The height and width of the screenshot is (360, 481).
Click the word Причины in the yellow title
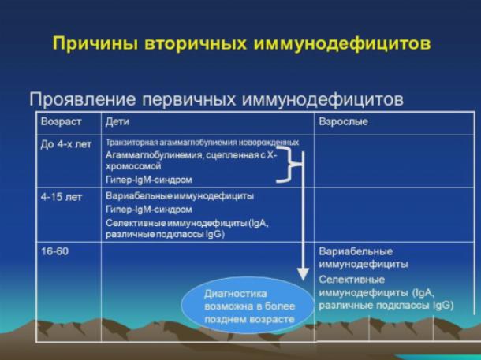pos(95,43)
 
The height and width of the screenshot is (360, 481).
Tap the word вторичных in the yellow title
pos(196,43)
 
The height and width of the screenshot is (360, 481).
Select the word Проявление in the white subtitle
pos(83,99)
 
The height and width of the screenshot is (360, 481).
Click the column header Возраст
pos(61,121)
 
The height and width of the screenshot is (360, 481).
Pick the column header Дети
pos(117,121)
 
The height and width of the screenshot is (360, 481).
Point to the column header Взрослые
pos(344,121)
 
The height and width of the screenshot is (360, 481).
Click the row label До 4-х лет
pos(66,144)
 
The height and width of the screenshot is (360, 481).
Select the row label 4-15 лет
pos(62,197)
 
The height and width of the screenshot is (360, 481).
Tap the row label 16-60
pos(54,251)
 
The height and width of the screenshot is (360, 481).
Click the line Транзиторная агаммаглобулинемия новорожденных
pos(202,143)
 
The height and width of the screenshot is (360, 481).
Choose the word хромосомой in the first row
pos(133,166)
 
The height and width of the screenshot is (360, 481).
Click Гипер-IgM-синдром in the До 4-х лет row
pos(149,180)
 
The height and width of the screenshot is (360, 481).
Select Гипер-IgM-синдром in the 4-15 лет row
pos(149,210)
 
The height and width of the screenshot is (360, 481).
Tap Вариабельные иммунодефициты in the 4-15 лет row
pos(180,196)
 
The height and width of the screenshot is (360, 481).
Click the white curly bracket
pos(289,165)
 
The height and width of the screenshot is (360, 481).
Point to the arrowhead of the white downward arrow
pos(303,274)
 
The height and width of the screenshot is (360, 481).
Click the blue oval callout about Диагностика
pos(248,305)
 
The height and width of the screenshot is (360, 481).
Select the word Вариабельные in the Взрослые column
pos(356,251)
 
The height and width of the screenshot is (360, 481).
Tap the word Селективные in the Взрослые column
pos(352,280)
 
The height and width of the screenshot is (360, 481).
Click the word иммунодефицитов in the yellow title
pos(342,44)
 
